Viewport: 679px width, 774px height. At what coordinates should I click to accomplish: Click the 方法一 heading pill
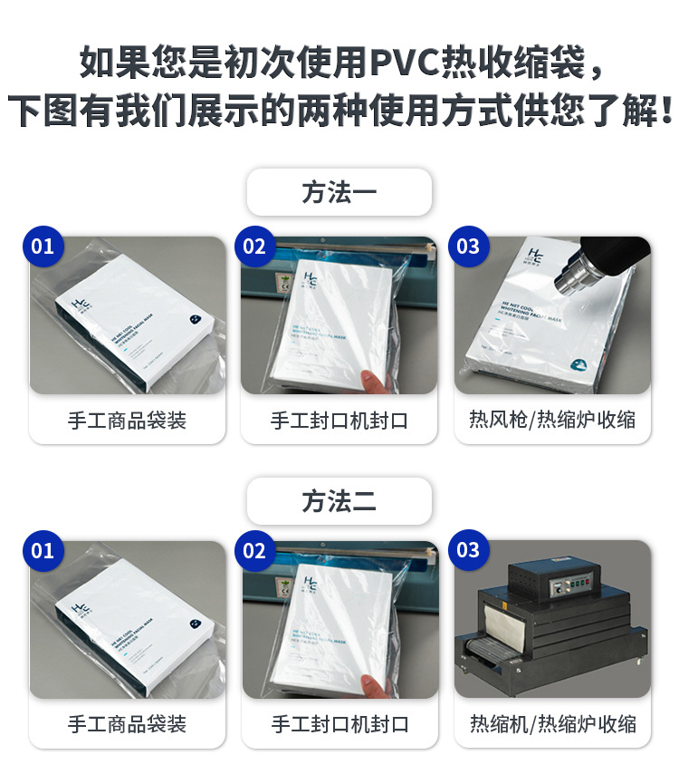(339, 192)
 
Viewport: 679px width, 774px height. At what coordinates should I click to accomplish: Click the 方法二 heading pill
(339, 501)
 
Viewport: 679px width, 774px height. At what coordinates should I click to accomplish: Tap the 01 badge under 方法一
(43, 247)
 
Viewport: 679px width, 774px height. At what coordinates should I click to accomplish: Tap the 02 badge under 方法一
(255, 247)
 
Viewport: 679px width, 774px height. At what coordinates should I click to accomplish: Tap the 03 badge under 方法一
(468, 247)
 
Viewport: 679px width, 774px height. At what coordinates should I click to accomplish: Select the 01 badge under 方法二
(43, 551)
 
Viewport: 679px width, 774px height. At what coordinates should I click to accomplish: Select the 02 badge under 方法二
(255, 551)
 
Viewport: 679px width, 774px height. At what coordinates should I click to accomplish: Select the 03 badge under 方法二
(468, 551)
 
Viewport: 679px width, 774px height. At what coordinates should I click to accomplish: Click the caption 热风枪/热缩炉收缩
(552, 421)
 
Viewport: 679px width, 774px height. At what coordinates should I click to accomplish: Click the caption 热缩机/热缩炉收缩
(552, 725)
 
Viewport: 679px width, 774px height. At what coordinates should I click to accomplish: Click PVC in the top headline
(406, 63)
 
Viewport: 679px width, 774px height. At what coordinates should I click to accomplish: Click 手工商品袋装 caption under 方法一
(127, 421)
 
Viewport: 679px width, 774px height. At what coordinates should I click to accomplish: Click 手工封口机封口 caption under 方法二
(339, 725)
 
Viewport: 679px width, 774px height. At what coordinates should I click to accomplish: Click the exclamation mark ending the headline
(667, 111)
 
